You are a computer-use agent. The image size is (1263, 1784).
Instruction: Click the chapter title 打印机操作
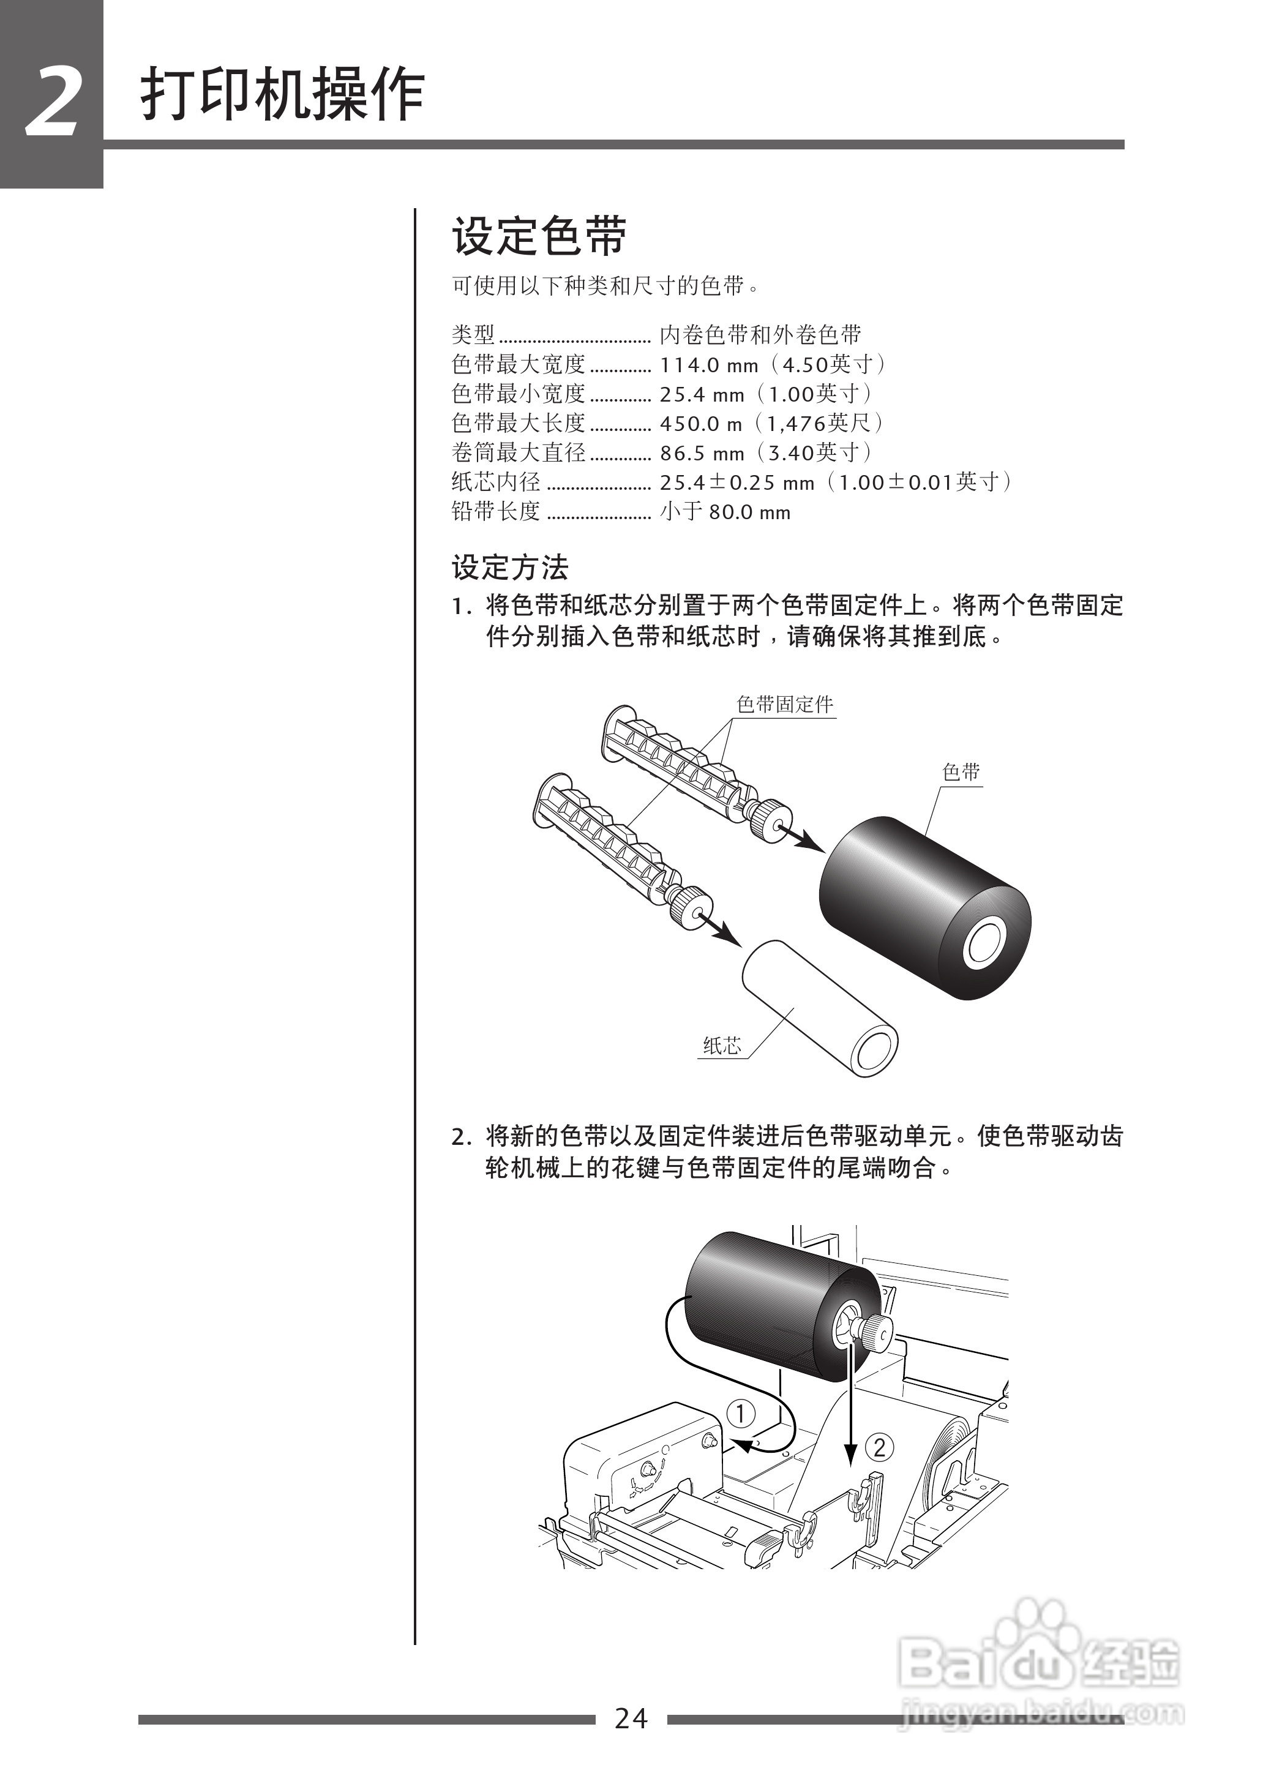point(282,96)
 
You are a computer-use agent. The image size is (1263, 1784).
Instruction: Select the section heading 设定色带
point(539,236)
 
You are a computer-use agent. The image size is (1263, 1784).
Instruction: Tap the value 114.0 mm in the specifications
point(708,365)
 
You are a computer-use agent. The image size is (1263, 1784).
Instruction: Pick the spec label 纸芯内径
point(495,482)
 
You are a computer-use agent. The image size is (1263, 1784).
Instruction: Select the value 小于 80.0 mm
point(725,512)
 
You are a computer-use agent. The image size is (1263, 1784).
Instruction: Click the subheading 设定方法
point(510,568)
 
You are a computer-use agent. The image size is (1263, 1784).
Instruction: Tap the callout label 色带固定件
point(785,705)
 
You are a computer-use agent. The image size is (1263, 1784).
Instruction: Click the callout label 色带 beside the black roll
point(961,772)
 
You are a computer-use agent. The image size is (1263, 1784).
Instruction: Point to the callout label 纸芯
point(722,1046)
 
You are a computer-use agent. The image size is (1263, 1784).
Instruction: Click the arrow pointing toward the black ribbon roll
point(805,838)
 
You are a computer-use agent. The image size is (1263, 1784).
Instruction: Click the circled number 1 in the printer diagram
point(740,1412)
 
